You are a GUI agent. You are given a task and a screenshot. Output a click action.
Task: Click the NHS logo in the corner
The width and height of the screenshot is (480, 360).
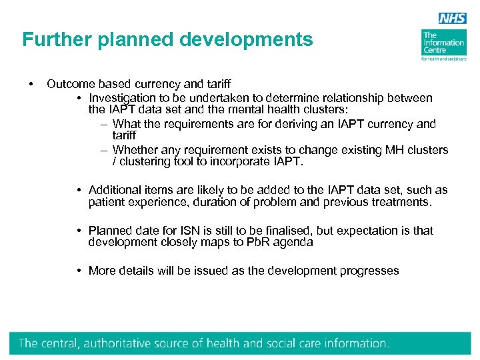(x=451, y=19)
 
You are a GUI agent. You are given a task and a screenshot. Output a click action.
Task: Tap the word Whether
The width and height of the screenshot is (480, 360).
(x=136, y=150)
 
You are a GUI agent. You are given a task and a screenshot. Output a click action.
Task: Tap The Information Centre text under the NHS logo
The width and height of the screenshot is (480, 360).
(x=443, y=43)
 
